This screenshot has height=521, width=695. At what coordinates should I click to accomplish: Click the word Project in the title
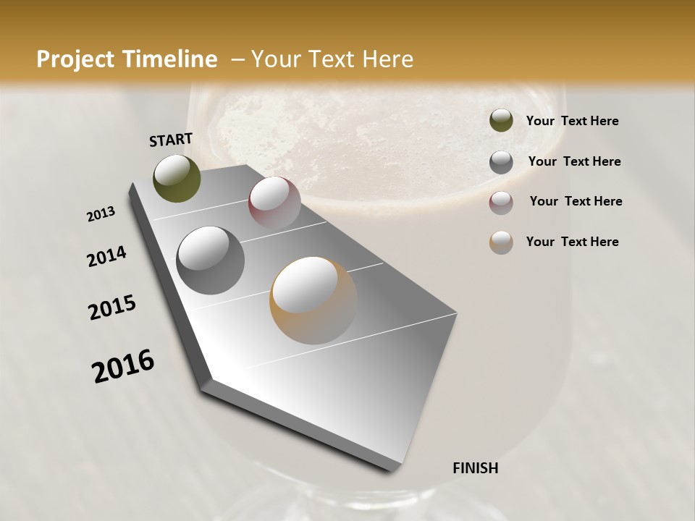tap(73, 60)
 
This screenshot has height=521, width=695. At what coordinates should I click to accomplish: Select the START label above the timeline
tap(171, 140)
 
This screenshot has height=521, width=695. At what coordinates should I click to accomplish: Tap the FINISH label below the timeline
tap(475, 468)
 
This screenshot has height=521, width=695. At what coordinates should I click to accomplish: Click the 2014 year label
tap(107, 256)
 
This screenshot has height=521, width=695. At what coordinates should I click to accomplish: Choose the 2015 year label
tap(112, 308)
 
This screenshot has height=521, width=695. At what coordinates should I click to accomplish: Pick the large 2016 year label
tap(123, 365)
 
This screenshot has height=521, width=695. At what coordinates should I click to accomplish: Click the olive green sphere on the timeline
tap(177, 178)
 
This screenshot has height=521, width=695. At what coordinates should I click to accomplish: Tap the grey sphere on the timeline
tap(211, 260)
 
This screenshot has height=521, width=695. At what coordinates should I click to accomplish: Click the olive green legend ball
tap(501, 120)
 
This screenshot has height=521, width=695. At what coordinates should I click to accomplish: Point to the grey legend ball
tap(501, 162)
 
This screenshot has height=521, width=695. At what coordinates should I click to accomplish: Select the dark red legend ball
tap(501, 203)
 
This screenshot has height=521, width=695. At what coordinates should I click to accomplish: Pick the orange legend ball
tap(501, 242)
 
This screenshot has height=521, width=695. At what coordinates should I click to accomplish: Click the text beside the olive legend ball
tap(572, 121)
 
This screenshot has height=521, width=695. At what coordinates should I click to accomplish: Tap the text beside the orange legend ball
tap(572, 242)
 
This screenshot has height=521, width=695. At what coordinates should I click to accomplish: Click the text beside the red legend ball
tap(576, 201)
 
